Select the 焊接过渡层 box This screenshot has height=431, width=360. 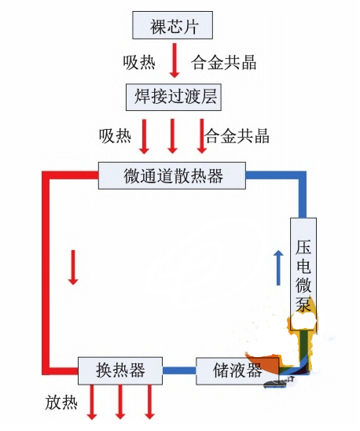pyautogui.click(x=174, y=98)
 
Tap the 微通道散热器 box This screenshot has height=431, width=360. pyautogui.click(x=173, y=175)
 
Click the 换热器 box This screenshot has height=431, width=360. pyautogui.click(x=119, y=369)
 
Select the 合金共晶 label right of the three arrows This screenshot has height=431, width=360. pyautogui.click(x=237, y=135)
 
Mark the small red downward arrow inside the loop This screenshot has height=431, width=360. pyautogui.click(x=73, y=267)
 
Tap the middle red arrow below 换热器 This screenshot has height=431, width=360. pyautogui.click(x=120, y=402)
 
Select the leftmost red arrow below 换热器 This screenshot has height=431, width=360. pyautogui.click(x=92, y=402)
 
